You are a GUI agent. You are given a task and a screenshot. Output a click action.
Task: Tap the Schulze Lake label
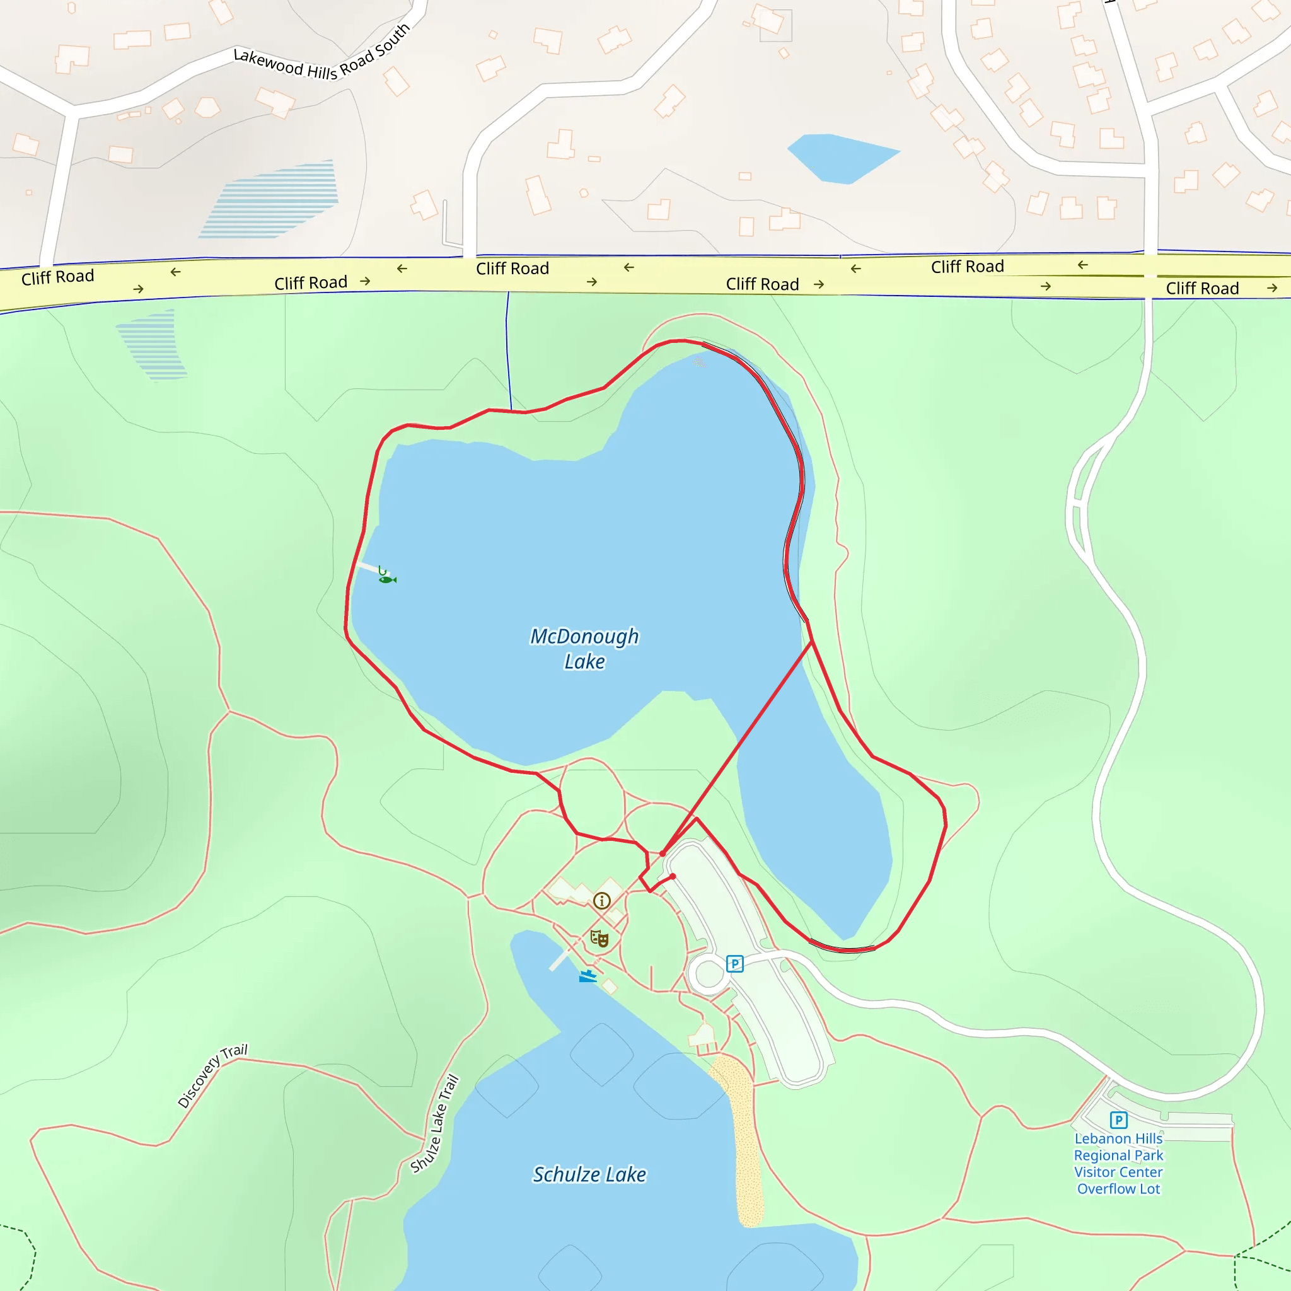point(589,1174)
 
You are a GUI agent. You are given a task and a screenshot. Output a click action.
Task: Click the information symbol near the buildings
point(601,901)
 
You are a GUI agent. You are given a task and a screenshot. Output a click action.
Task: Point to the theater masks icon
point(599,939)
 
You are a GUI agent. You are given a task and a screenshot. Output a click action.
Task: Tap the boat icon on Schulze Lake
point(588,976)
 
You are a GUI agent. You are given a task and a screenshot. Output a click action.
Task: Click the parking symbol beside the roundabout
point(734,964)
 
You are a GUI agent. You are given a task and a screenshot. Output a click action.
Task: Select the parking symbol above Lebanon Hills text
point(1119,1120)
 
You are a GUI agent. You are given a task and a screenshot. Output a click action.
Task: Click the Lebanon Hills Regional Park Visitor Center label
point(1119,1164)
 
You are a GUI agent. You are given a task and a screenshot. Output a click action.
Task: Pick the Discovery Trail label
point(212,1075)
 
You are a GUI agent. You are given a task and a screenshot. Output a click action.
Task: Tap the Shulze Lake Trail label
point(435,1123)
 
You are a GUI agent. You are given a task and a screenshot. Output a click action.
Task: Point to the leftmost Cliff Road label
point(57,277)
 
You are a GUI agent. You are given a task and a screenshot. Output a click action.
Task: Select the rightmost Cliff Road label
point(1202,288)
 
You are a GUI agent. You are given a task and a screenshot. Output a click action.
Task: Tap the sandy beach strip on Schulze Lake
point(742,1136)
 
